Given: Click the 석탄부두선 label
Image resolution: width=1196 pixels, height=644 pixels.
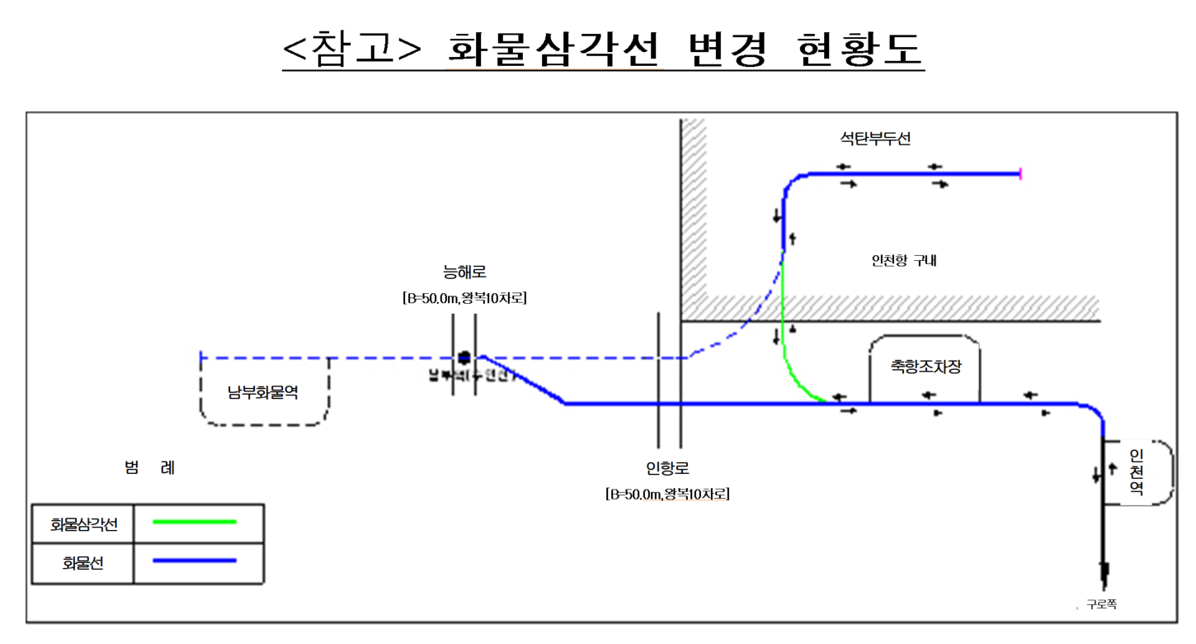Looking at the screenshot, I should pos(875,139).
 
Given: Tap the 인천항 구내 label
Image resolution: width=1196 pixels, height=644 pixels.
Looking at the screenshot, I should pos(904,261).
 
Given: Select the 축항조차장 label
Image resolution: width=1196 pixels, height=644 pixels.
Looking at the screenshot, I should pos(925,367).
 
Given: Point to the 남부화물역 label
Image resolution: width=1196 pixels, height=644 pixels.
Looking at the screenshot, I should pos(263,392).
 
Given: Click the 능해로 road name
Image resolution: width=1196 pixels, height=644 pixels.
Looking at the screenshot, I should pos(464,272).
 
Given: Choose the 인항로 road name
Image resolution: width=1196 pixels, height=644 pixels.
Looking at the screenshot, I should pos(667,468).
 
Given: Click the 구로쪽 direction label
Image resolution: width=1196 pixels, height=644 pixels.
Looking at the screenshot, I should pos(1101,604).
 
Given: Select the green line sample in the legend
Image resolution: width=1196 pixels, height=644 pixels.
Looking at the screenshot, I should pos(195,522).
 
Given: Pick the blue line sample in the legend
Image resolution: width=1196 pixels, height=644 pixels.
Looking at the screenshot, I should pos(195,561).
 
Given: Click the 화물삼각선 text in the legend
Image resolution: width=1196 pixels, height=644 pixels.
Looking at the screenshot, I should pos(84,523).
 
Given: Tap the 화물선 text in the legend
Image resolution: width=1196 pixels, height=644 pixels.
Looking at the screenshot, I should pos(84,564).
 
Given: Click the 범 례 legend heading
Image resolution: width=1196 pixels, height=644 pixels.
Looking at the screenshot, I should pos(149,468).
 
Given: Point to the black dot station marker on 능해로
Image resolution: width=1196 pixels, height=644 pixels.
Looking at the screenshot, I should pos(464,358).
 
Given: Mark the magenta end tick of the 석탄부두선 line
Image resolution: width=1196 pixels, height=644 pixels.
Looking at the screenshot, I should pos(1021,173).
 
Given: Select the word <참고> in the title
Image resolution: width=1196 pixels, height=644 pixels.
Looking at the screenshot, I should pos(351,50).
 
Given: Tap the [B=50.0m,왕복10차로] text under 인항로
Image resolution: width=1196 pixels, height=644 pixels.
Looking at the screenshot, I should pos(667,495).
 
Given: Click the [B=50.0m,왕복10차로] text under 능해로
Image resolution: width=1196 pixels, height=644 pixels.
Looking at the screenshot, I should pos(464,298).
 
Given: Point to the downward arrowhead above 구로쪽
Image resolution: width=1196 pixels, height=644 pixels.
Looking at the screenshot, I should pos(1104,571).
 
